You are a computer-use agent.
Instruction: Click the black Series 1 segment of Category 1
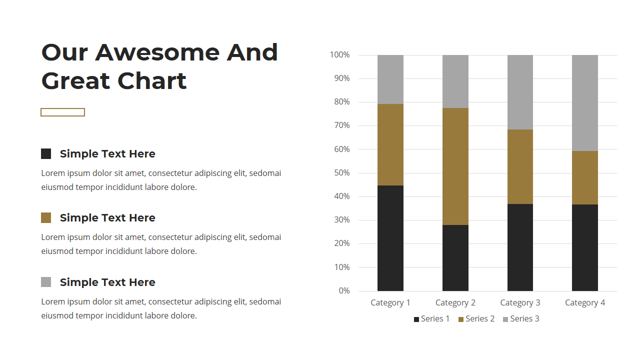390,238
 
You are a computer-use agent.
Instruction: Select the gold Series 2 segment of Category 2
455,166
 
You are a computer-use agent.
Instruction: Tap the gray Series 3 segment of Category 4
585,103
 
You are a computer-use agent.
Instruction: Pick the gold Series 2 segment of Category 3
520,167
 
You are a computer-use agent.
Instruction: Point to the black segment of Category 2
455,258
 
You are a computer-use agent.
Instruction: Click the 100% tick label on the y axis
339,55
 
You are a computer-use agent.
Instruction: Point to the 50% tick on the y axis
342,173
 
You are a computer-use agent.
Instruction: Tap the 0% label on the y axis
344,291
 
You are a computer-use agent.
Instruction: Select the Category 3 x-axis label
520,303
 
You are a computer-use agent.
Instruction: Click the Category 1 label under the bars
390,303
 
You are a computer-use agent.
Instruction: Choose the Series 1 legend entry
431,319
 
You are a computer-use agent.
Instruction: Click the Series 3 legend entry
521,319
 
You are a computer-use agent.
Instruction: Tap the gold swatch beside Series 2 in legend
461,319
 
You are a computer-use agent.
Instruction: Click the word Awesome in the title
157,53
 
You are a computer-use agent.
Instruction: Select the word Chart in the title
152,81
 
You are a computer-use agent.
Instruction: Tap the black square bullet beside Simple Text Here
46,153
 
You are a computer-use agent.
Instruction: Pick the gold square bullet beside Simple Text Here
46,217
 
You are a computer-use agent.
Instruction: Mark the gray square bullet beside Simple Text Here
46,282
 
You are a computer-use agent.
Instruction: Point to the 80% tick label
342,102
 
